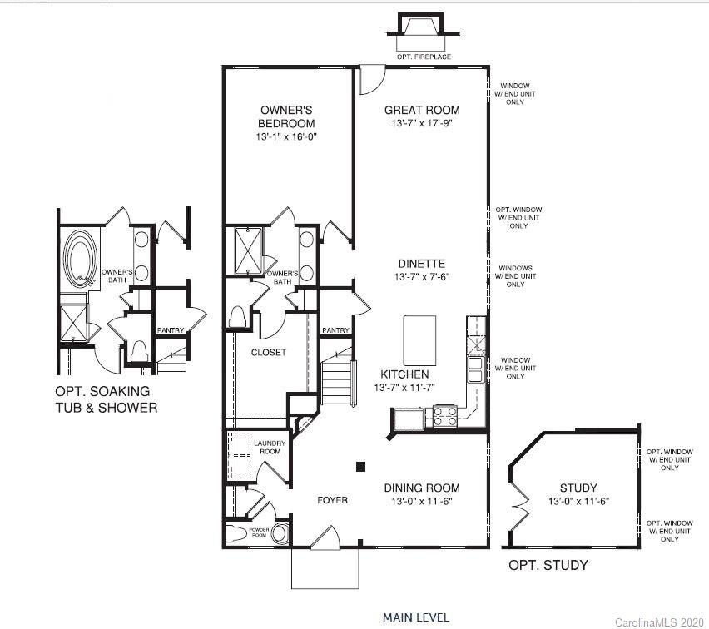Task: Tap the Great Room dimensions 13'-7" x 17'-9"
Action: pos(422,124)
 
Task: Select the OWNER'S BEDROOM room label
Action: pos(286,116)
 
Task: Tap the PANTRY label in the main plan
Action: pos(335,330)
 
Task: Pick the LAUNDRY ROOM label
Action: pos(270,448)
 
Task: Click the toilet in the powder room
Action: pos(280,532)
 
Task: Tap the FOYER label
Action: pos(332,500)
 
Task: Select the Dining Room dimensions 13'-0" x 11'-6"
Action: pos(422,501)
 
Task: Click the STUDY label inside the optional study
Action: pos(578,488)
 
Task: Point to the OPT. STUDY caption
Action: pos(548,566)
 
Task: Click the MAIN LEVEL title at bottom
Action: pos(416,617)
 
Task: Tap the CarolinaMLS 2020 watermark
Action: pos(658,622)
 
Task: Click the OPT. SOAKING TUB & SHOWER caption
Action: pos(106,399)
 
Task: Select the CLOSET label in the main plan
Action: pos(269,352)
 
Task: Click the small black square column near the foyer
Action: pos(359,467)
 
